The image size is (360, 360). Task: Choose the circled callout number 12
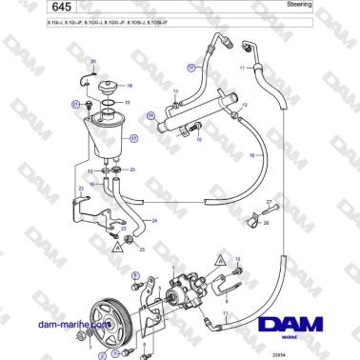point(190,68)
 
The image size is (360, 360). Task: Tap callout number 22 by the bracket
point(81,190)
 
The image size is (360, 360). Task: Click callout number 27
point(270,202)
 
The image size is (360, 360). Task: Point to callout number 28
point(266,223)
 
